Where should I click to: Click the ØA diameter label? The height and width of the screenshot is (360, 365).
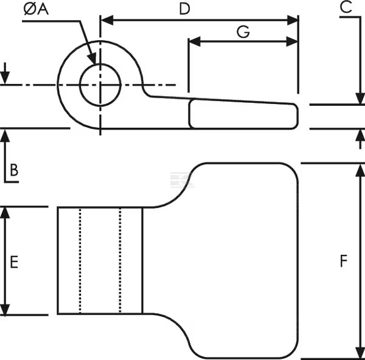pyautogui.click(x=36, y=10)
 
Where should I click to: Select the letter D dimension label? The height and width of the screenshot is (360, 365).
pyautogui.click(x=184, y=9)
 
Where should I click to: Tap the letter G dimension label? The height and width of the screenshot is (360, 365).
pyautogui.click(x=243, y=32)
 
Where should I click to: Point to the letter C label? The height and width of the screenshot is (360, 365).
pyautogui.click(x=346, y=7)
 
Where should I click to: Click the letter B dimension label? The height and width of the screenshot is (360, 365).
pyautogui.click(x=14, y=170)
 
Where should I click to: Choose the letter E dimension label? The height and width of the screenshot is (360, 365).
pyautogui.click(x=14, y=262)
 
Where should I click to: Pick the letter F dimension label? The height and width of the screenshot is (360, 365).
pyautogui.click(x=344, y=261)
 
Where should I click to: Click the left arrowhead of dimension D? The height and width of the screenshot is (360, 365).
pyautogui.click(x=107, y=20)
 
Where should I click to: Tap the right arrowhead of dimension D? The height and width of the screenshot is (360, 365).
pyautogui.click(x=293, y=20)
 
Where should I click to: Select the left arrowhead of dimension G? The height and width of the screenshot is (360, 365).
pyautogui.click(x=195, y=41)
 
